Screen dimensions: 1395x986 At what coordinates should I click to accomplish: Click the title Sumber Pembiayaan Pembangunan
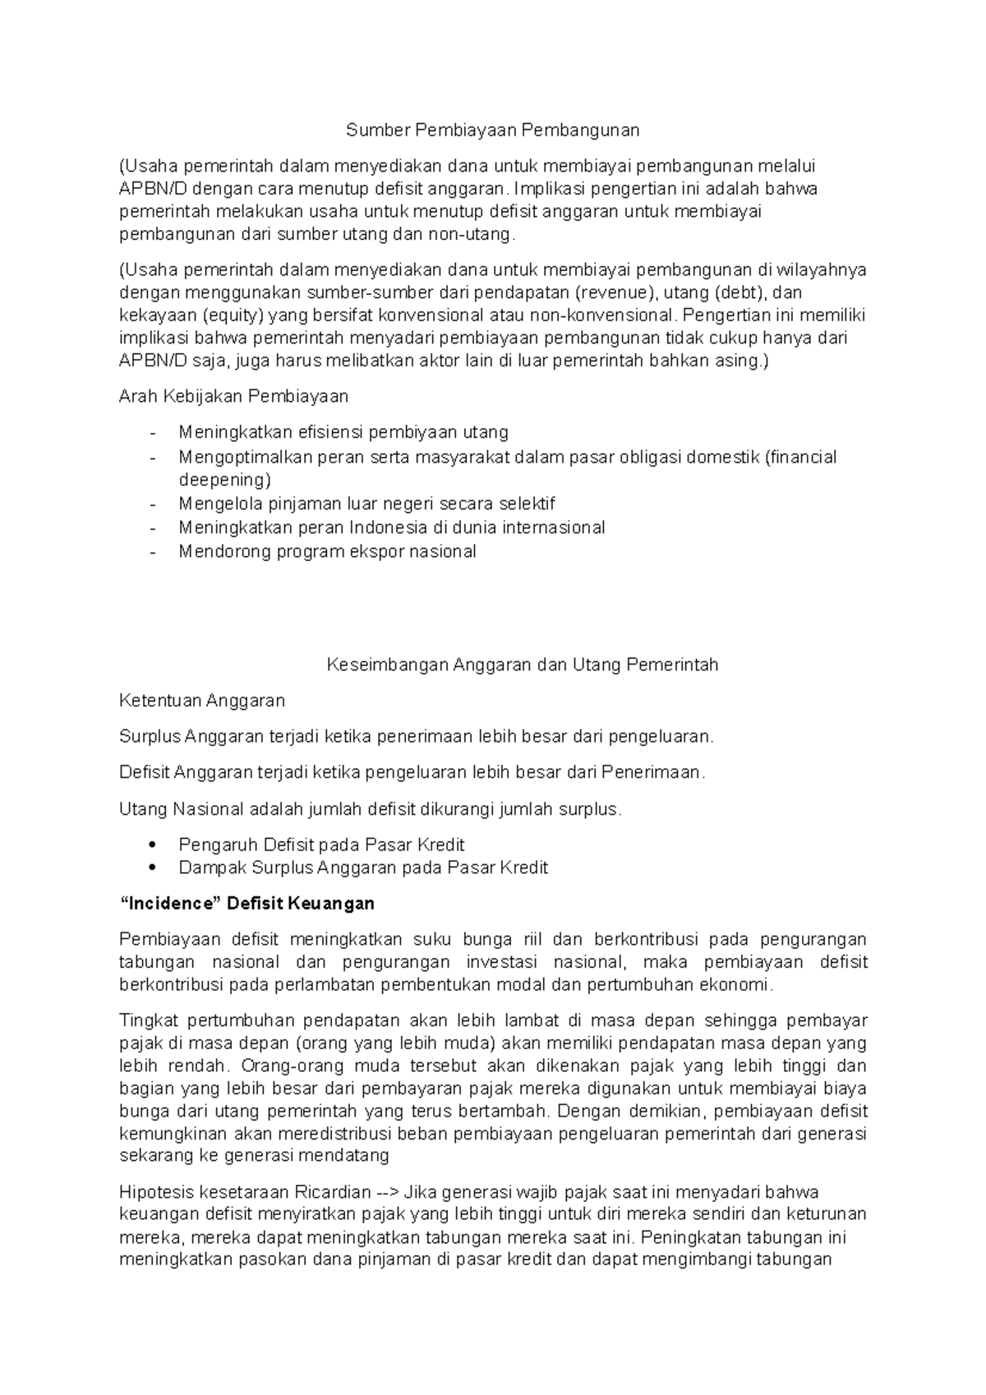[492, 130]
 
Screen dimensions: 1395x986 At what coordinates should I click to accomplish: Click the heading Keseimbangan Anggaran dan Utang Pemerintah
[522, 665]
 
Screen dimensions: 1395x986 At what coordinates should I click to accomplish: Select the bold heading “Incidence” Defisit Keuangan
[246, 904]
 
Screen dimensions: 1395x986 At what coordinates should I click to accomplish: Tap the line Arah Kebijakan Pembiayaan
[233, 397]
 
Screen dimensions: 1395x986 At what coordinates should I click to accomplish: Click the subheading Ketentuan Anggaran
[202, 701]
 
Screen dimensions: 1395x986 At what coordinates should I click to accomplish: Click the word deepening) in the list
[224, 480]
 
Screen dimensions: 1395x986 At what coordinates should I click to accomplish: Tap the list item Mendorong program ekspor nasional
[327, 551]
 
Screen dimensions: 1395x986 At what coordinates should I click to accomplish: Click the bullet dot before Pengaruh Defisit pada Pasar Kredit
[152, 845]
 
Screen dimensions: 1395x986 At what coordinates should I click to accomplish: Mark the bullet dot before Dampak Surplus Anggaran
[152, 868]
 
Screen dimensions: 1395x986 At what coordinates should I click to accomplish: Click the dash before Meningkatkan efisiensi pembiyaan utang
[152, 433]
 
